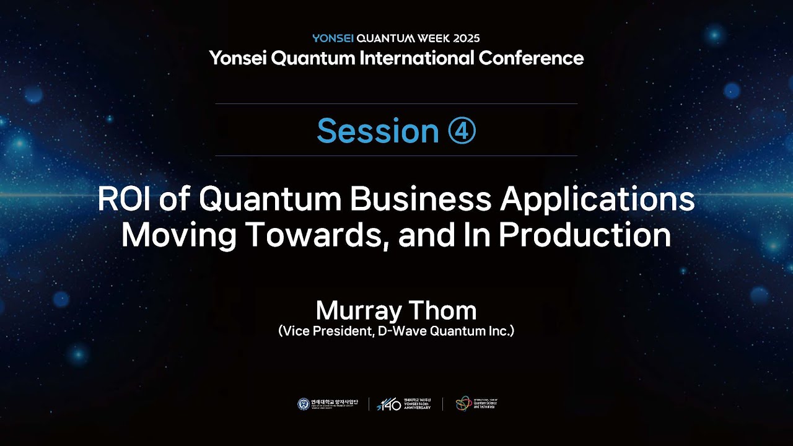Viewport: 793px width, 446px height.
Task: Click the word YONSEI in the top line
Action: pos(333,38)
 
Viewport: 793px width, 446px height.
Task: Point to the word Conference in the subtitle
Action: pos(532,58)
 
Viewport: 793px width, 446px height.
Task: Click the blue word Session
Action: pos(377,131)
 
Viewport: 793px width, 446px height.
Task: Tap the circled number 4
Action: pos(462,131)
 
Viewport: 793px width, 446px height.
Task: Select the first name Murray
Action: pos(360,310)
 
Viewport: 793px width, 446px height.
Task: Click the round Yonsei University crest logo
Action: pos(304,404)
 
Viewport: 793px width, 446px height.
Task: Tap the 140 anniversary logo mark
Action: pos(388,404)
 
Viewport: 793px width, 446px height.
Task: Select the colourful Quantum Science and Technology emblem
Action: pos(463,404)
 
